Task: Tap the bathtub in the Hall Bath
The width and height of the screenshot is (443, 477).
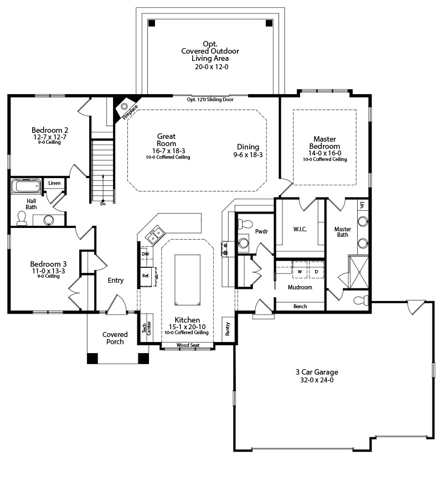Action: click(26, 186)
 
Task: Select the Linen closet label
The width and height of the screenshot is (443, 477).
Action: click(54, 183)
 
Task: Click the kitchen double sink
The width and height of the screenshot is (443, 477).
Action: click(155, 235)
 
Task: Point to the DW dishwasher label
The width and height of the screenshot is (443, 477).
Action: click(146, 254)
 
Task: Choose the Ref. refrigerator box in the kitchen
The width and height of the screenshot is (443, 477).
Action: click(146, 276)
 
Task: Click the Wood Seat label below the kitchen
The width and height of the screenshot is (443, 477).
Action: click(188, 345)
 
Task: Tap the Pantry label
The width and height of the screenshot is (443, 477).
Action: click(228, 329)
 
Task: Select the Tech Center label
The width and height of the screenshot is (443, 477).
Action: click(146, 328)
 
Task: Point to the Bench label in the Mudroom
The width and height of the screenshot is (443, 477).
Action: click(300, 307)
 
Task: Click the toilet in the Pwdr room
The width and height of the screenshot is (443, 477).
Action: click(245, 224)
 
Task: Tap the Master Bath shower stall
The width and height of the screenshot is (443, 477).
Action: click(358, 272)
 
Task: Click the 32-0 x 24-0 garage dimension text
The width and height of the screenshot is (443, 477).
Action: click(317, 380)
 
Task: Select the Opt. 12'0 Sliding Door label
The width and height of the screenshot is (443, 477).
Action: click(210, 100)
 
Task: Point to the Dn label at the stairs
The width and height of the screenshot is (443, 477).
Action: click(103, 204)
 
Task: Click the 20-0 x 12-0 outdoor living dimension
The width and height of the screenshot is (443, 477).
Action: click(212, 67)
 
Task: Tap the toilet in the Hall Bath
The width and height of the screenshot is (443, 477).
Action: click(22, 219)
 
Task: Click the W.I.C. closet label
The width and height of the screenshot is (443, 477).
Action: click(300, 229)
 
